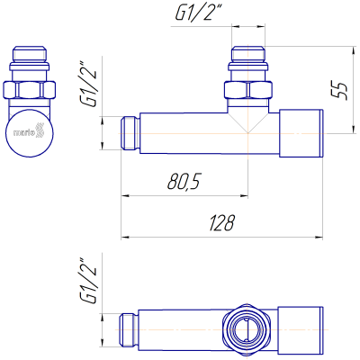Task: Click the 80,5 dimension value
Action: pos(184,182)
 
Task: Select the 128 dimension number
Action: pos(221,222)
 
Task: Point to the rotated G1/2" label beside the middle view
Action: pos(89,85)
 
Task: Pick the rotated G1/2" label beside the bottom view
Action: pos(89,282)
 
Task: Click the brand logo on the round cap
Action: pos(29,131)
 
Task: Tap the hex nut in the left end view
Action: pos(30,89)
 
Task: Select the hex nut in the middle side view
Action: pos(248,90)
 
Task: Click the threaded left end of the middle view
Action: pos(130,133)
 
